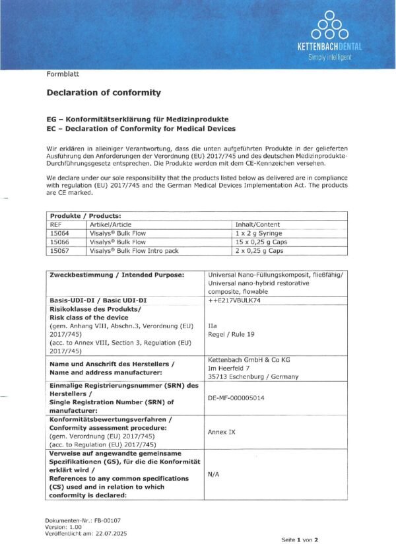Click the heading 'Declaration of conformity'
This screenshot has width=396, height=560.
click(x=104, y=93)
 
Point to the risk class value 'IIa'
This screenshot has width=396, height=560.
click(x=213, y=326)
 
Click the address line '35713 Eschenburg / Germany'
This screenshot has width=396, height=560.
click(x=253, y=376)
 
